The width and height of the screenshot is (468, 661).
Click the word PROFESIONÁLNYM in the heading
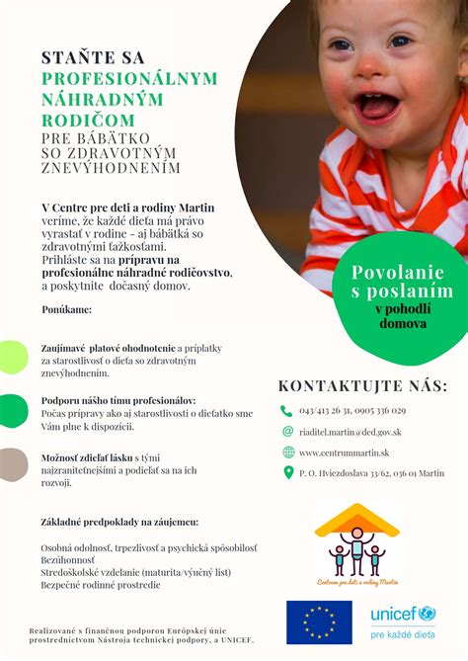click(x=129, y=78)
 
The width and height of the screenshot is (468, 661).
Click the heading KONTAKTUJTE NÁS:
click(x=362, y=385)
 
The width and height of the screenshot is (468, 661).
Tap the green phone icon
click(x=287, y=410)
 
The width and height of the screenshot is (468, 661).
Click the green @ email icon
click(x=287, y=431)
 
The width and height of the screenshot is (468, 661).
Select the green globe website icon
click(x=287, y=452)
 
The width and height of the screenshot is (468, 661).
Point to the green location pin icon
click(x=287, y=473)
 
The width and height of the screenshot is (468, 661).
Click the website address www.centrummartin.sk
click(x=342, y=453)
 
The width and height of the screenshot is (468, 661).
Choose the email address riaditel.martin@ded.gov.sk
click(x=350, y=432)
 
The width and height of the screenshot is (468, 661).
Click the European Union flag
click(x=319, y=622)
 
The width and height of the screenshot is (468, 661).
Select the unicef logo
click(x=403, y=620)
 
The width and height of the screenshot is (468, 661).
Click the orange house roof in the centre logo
click(x=356, y=521)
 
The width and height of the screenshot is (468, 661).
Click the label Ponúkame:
click(x=66, y=310)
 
